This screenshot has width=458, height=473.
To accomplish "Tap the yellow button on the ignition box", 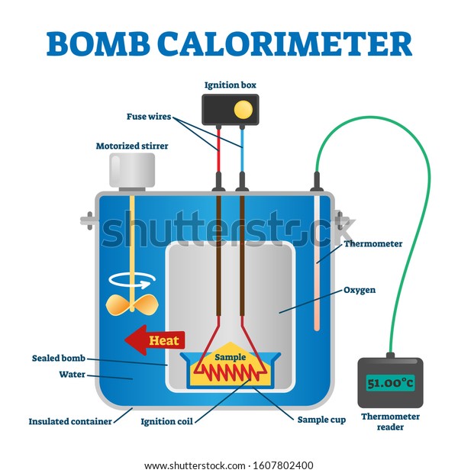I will click(x=242, y=109).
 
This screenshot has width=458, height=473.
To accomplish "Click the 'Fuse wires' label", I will click(x=149, y=117).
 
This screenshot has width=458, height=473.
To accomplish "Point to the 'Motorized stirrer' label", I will click(x=132, y=146).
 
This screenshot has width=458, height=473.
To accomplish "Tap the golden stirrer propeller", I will click(x=131, y=304).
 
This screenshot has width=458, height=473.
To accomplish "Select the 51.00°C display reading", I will click(x=389, y=383).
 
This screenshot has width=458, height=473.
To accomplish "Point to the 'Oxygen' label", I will click(x=359, y=290).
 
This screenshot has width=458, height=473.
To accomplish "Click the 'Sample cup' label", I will click(x=321, y=420).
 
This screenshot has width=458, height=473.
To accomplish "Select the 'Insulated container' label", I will click(x=69, y=420).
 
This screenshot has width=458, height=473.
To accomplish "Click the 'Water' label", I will click(x=73, y=375).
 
